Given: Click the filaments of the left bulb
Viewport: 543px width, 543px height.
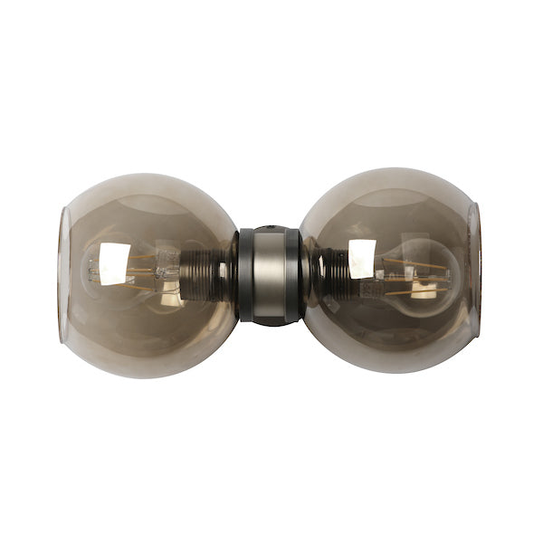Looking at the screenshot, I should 136,268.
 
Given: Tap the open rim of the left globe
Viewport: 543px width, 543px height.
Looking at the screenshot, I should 63,275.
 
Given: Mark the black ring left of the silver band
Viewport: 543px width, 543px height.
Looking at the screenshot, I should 244,275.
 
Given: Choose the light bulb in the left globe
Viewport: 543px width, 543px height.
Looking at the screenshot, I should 127,270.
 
